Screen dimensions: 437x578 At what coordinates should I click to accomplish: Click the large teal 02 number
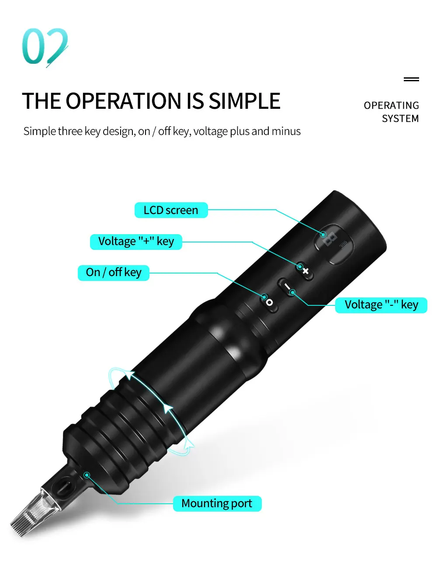coord(45,47)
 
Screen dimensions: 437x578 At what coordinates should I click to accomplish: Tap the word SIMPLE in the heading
coord(244,101)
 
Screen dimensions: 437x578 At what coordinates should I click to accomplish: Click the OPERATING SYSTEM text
coord(391,112)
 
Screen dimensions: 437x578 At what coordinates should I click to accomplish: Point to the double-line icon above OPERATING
coord(411,79)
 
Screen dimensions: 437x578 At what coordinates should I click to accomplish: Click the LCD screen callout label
coord(171,210)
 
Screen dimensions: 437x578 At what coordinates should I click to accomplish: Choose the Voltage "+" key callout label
coord(136,242)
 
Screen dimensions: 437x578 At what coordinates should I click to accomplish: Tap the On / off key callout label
coord(114,273)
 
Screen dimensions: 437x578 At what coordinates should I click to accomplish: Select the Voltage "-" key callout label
coord(381,305)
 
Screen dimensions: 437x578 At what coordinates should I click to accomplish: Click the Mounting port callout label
coord(217,504)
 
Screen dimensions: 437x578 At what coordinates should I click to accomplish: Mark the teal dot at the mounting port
coord(87,475)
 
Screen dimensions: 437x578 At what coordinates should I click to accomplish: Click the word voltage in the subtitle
coord(211,132)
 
